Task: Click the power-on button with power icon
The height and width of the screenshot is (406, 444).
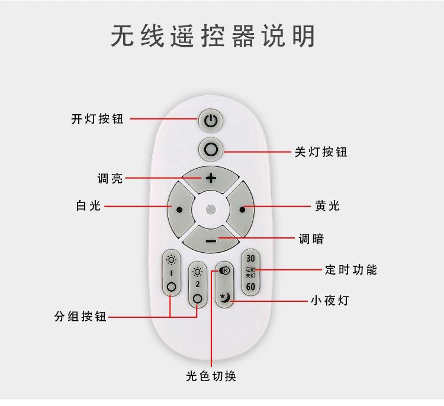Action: (x=211, y=121)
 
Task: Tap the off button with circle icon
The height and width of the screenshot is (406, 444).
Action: (x=211, y=148)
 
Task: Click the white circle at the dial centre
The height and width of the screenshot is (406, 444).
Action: (x=211, y=209)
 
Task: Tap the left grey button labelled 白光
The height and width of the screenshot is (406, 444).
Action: (x=178, y=208)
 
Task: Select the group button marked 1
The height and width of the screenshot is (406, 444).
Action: (x=172, y=273)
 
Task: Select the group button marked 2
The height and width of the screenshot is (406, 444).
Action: (x=197, y=284)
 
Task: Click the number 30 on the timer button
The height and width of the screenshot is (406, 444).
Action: (x=250, y=259)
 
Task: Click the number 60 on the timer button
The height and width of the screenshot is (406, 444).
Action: (x=250, y=287)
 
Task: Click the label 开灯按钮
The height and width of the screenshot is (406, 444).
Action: (x=98, y=119)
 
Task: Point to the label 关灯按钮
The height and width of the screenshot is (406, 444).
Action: (x=321, y=152)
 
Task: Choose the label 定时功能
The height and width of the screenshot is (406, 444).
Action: (x=351, y=270)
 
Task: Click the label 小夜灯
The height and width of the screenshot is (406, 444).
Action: (x=330, y=301)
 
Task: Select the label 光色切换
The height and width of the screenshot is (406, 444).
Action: (x=211, y=376)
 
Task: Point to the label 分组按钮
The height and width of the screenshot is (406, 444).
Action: (x=81, y=317)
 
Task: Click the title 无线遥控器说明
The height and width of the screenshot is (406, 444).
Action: (x=213, y=37)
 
